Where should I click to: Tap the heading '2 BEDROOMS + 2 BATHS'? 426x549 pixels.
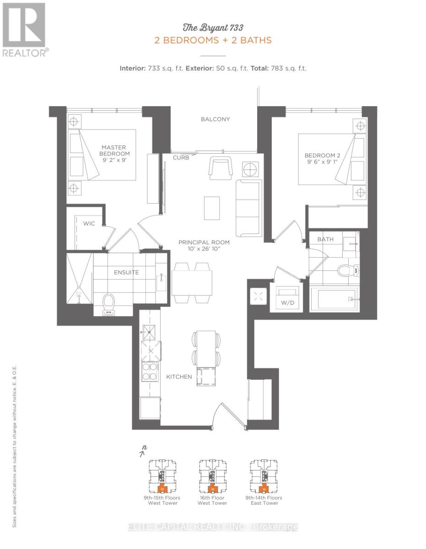click(213, 40)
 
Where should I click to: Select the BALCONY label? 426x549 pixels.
click(215, 119)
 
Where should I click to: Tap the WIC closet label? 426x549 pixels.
click(88, 224)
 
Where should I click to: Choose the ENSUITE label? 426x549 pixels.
click(126, 273)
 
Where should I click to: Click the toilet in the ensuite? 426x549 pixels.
click(108, 304)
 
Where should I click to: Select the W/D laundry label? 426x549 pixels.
click(286, 302)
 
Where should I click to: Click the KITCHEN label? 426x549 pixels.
click(178, 377)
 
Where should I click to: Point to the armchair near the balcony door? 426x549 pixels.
click(220, 167)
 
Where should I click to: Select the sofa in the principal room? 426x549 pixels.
click(248, 206)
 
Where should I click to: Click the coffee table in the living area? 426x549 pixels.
click(211, 208)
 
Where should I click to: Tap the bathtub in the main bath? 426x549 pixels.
click(333, 300)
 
